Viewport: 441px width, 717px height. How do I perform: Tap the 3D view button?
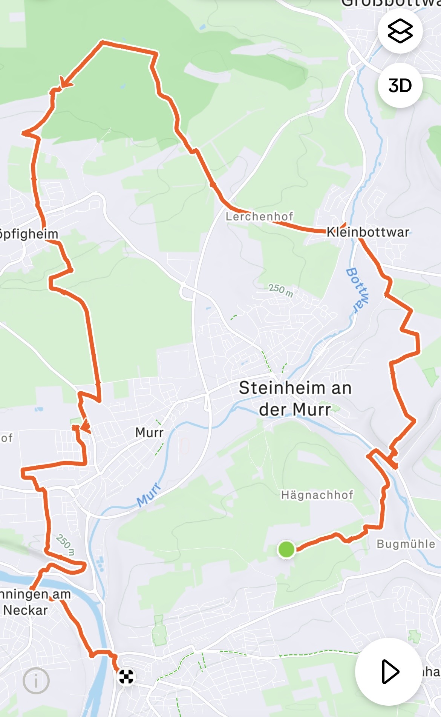[x=400, y=86]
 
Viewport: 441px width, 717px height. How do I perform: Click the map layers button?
[x=400, y=31]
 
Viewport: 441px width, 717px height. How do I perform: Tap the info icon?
[x=36, y=681]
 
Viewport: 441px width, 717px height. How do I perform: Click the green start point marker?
[x=286, y=549]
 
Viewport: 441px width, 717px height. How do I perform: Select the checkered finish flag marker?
[x=126, y=677]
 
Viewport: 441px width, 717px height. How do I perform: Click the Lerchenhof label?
[x=259, y=217]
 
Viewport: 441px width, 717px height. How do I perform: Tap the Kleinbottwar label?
[x=367, y=232]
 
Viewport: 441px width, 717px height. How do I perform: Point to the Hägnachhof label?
[x=317, y=495]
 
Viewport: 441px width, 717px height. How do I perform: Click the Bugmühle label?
[x=406, y=544]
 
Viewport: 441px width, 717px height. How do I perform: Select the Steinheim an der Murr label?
[x=295, y=399]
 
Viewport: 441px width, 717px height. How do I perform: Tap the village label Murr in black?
[x=149, y=432]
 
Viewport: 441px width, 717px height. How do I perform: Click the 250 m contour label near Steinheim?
[x=281, y=290]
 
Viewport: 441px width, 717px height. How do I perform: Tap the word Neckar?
[x=26, y=610]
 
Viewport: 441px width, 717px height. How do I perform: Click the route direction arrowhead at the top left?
[x=65, y=82]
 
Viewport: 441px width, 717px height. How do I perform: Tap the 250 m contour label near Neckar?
[x=65, y=545]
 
